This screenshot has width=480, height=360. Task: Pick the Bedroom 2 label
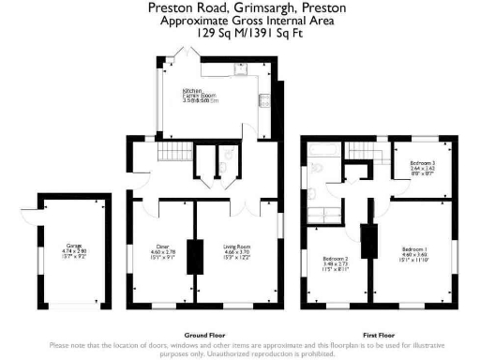coord(336,261)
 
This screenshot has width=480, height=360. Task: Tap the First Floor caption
coord(381,335)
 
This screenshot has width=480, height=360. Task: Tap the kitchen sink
coord(240,67)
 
